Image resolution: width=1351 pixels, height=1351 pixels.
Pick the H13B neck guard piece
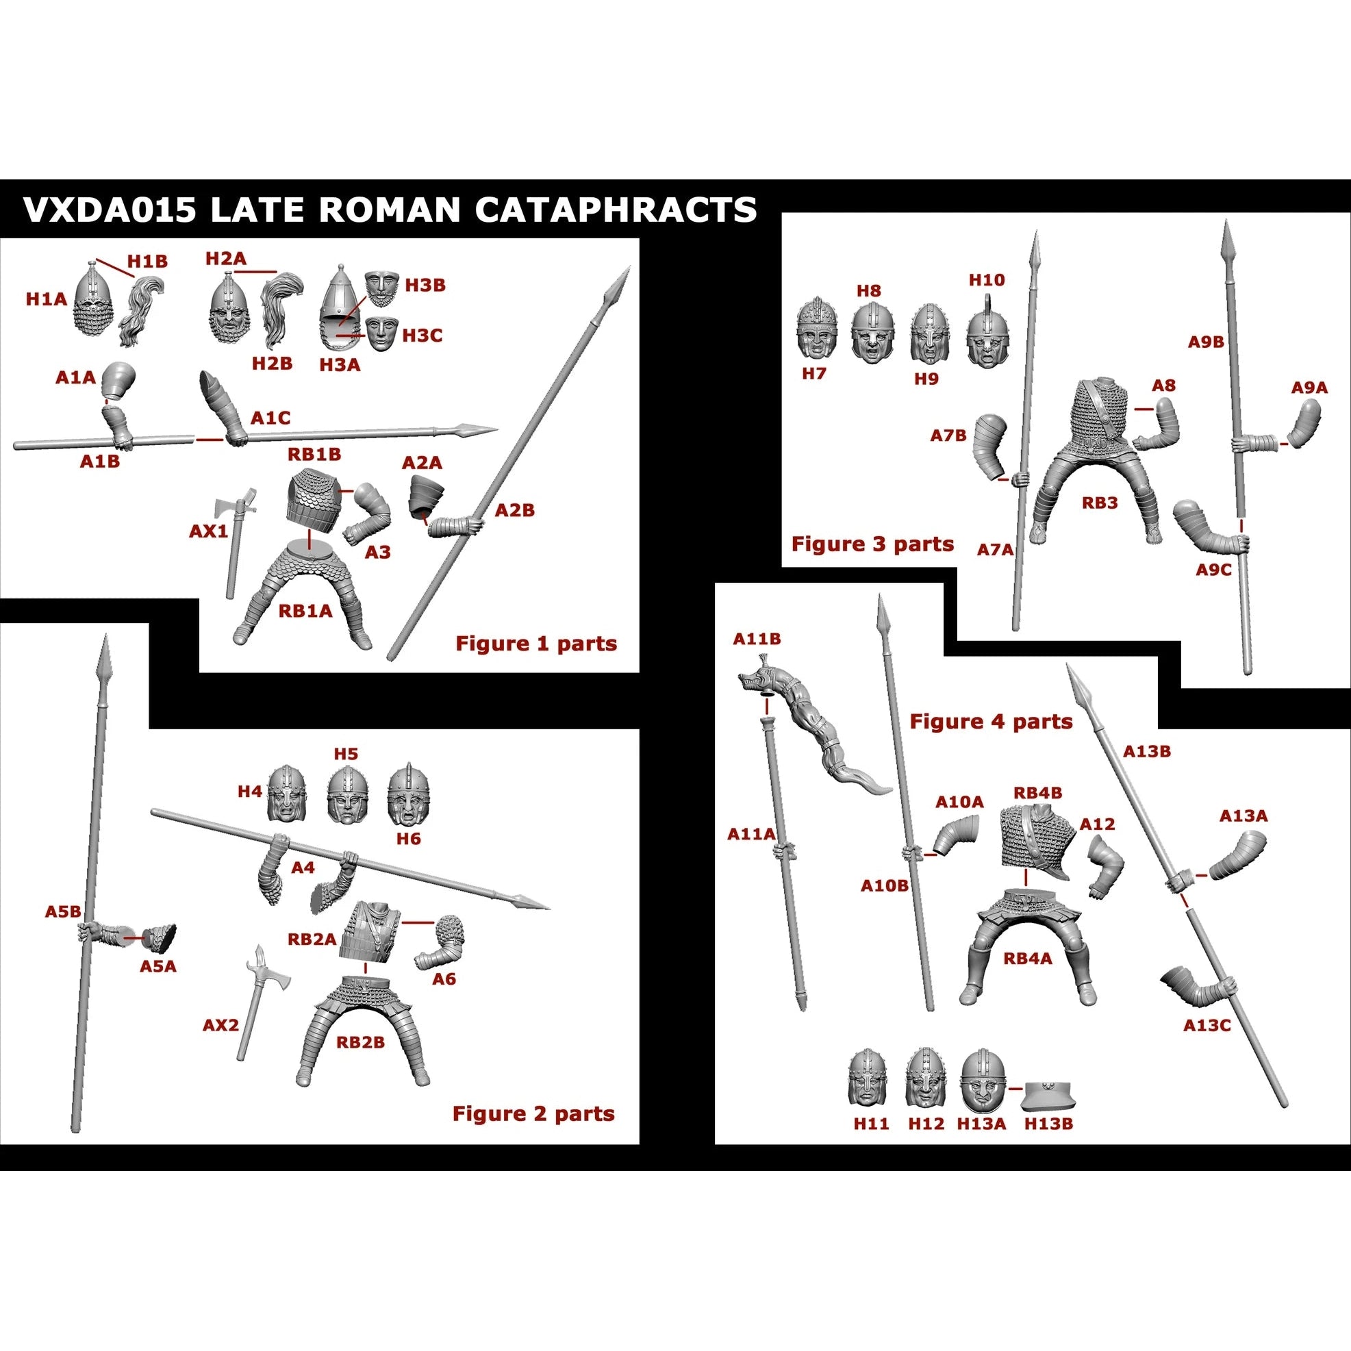click(1048, 1097)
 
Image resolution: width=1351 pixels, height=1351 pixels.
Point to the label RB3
click(1099, 503)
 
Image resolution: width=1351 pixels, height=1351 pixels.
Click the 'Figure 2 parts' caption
click(533, 1114)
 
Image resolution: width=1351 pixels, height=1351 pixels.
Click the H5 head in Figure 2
click(348, 796)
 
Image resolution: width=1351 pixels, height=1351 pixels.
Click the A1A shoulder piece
click(118, 381)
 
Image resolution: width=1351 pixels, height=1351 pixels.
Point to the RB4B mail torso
click(1033, 838)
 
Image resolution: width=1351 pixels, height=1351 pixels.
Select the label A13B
click(1147, 752)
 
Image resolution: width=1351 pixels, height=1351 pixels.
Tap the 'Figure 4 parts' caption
click(990, 722)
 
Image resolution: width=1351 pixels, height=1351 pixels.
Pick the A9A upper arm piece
click(1306, 424)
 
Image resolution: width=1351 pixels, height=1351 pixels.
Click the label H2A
click(226, 259)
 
